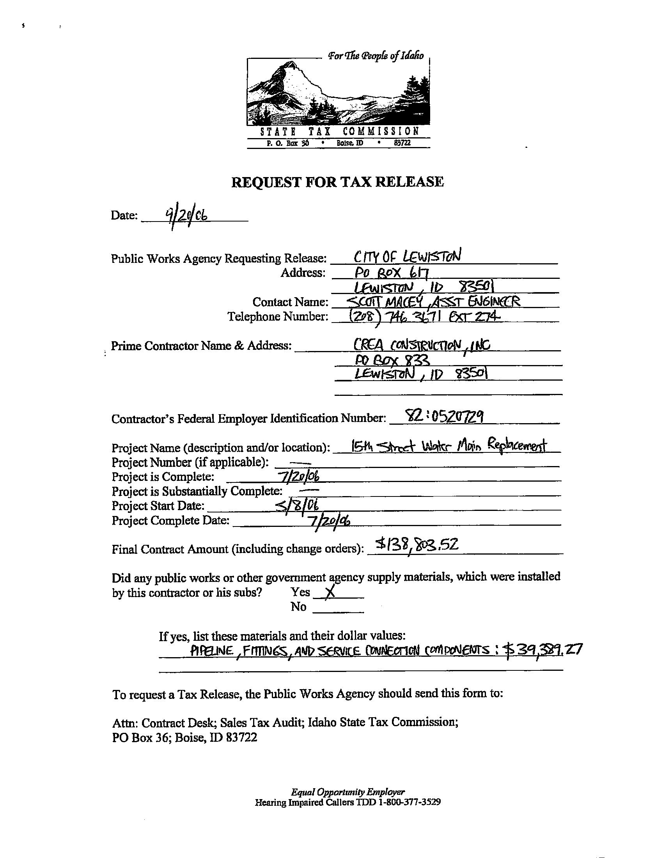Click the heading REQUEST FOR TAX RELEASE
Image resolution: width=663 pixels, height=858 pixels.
(x=337, y=182)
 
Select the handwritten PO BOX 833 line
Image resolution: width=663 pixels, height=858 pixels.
(x=391, y=360)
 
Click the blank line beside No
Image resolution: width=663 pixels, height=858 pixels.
(x=339, y=608)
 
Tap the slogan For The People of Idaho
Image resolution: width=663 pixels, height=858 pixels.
(x=376, y=56)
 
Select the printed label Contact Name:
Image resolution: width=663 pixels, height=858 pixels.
(x=290, y=302)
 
